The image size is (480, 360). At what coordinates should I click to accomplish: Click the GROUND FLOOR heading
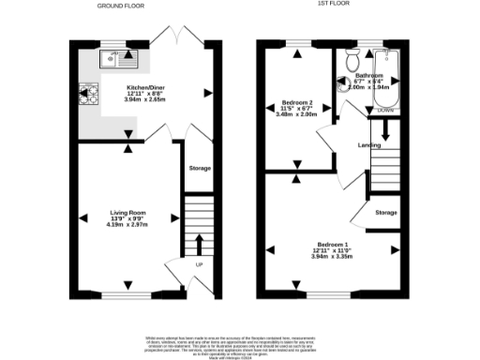[124, 6]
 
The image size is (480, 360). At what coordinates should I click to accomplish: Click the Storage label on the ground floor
[199, 169]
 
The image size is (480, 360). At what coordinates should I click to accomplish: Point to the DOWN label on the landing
[384, 110]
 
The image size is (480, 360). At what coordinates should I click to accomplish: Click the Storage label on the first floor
[386, 212]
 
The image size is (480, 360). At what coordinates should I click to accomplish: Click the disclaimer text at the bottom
[240, 343]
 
